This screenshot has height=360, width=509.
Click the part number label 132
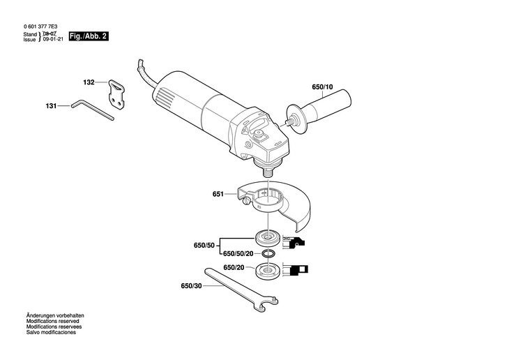point(89,82)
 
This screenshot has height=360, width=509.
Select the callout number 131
point(51,106)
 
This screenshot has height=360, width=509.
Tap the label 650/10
point(322,87)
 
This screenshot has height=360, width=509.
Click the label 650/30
point(190,286)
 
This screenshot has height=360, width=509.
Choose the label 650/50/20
point(237,254)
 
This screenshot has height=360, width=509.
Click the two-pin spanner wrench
point(241,286)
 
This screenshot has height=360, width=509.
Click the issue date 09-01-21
point(52,39)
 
